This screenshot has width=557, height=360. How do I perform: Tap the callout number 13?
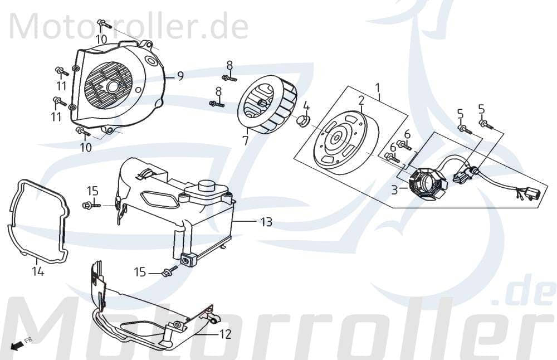click(x=266, y=222)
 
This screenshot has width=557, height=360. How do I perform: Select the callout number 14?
click(x=38, y=272)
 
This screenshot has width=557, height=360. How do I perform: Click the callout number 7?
click(x=245, y=140)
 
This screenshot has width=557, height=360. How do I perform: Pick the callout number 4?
click(x=306, y=106)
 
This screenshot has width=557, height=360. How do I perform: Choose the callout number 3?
click(x=394, y=190)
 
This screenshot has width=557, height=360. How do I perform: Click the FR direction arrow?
click(x=20, y=344)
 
